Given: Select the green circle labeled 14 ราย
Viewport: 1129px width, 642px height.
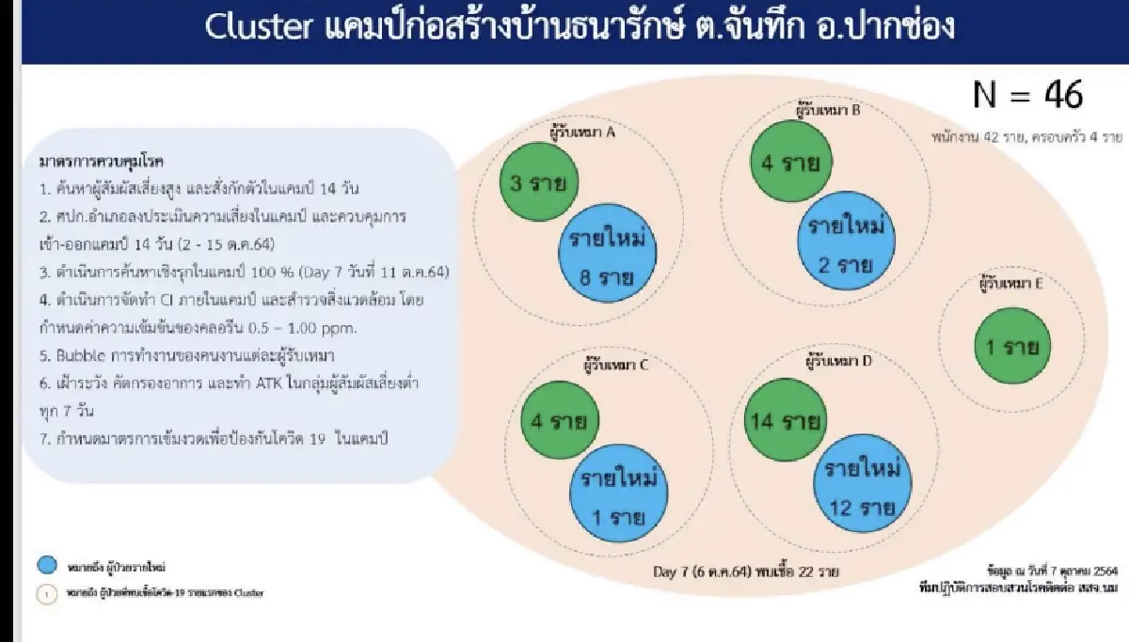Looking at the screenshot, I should (785, 420).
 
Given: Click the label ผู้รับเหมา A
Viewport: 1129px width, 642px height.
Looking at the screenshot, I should (582, 133).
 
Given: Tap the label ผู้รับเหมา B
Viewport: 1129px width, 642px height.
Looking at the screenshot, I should (828, 111).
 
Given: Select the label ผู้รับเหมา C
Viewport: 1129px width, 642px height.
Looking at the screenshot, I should (616, 366).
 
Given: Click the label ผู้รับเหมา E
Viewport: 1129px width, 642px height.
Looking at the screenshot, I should (1010, 281).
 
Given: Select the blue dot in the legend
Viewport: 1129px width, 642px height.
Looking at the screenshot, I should (48, 566).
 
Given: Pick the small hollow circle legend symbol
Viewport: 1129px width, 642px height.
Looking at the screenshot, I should (49, 594).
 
